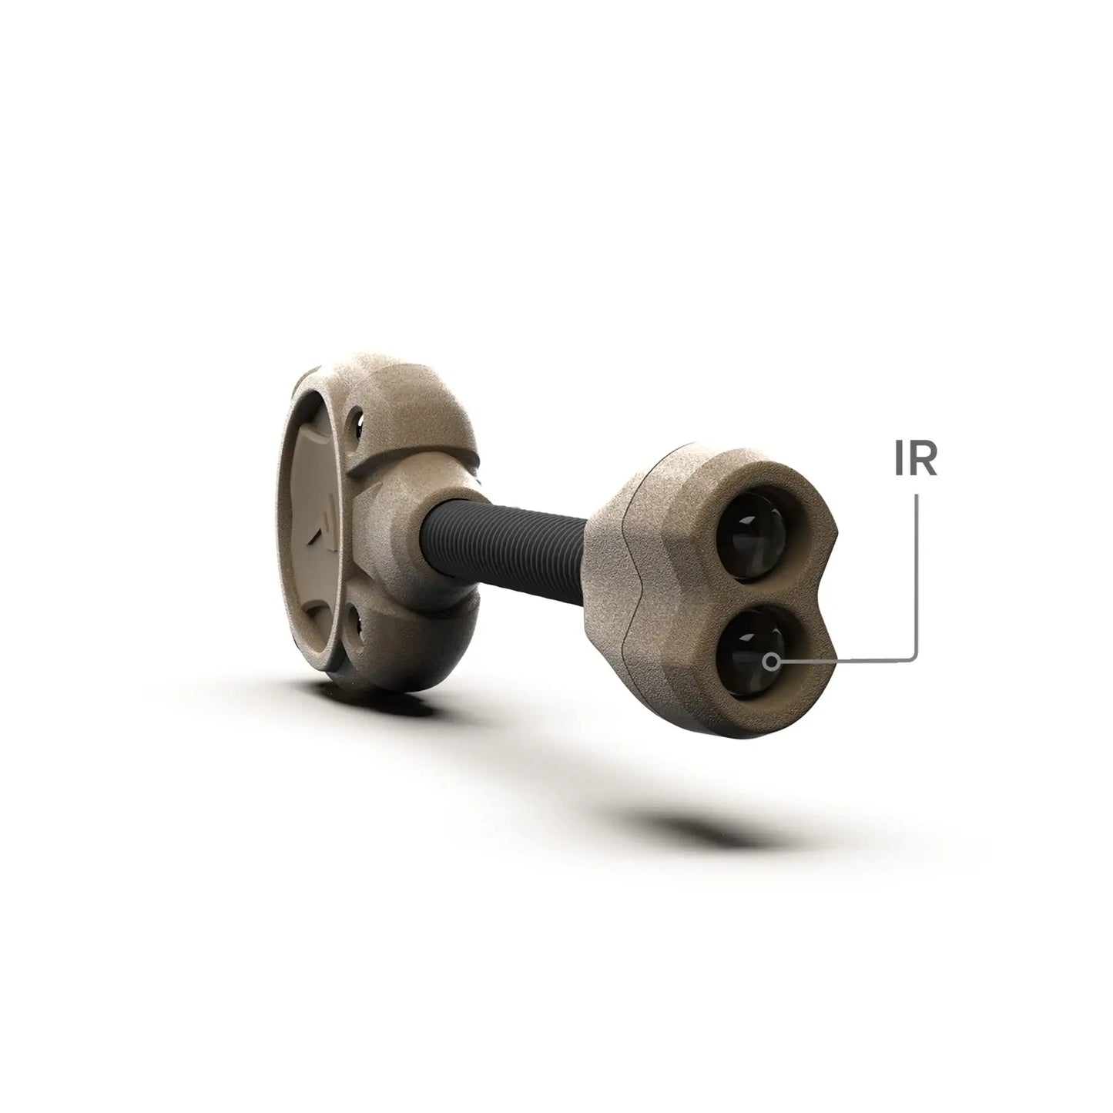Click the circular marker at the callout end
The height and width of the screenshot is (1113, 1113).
(x=770, y=660)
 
